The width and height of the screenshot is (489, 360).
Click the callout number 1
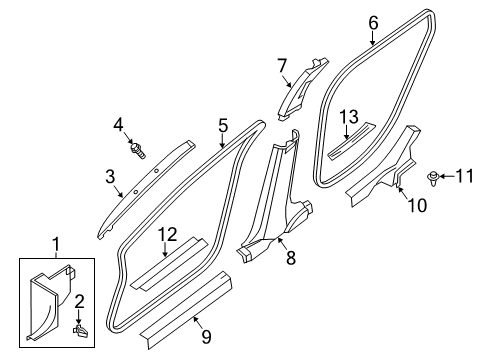[x=56, y=242]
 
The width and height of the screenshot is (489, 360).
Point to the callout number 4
[x=118, y=124]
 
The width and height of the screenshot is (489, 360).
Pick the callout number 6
[x=374, y=21]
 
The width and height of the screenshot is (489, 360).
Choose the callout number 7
[x=283, y=66]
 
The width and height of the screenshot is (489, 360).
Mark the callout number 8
[x=290, y=257]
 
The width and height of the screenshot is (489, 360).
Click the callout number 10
[x=410, y=206]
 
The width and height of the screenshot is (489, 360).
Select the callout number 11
[x=462, y=178]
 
